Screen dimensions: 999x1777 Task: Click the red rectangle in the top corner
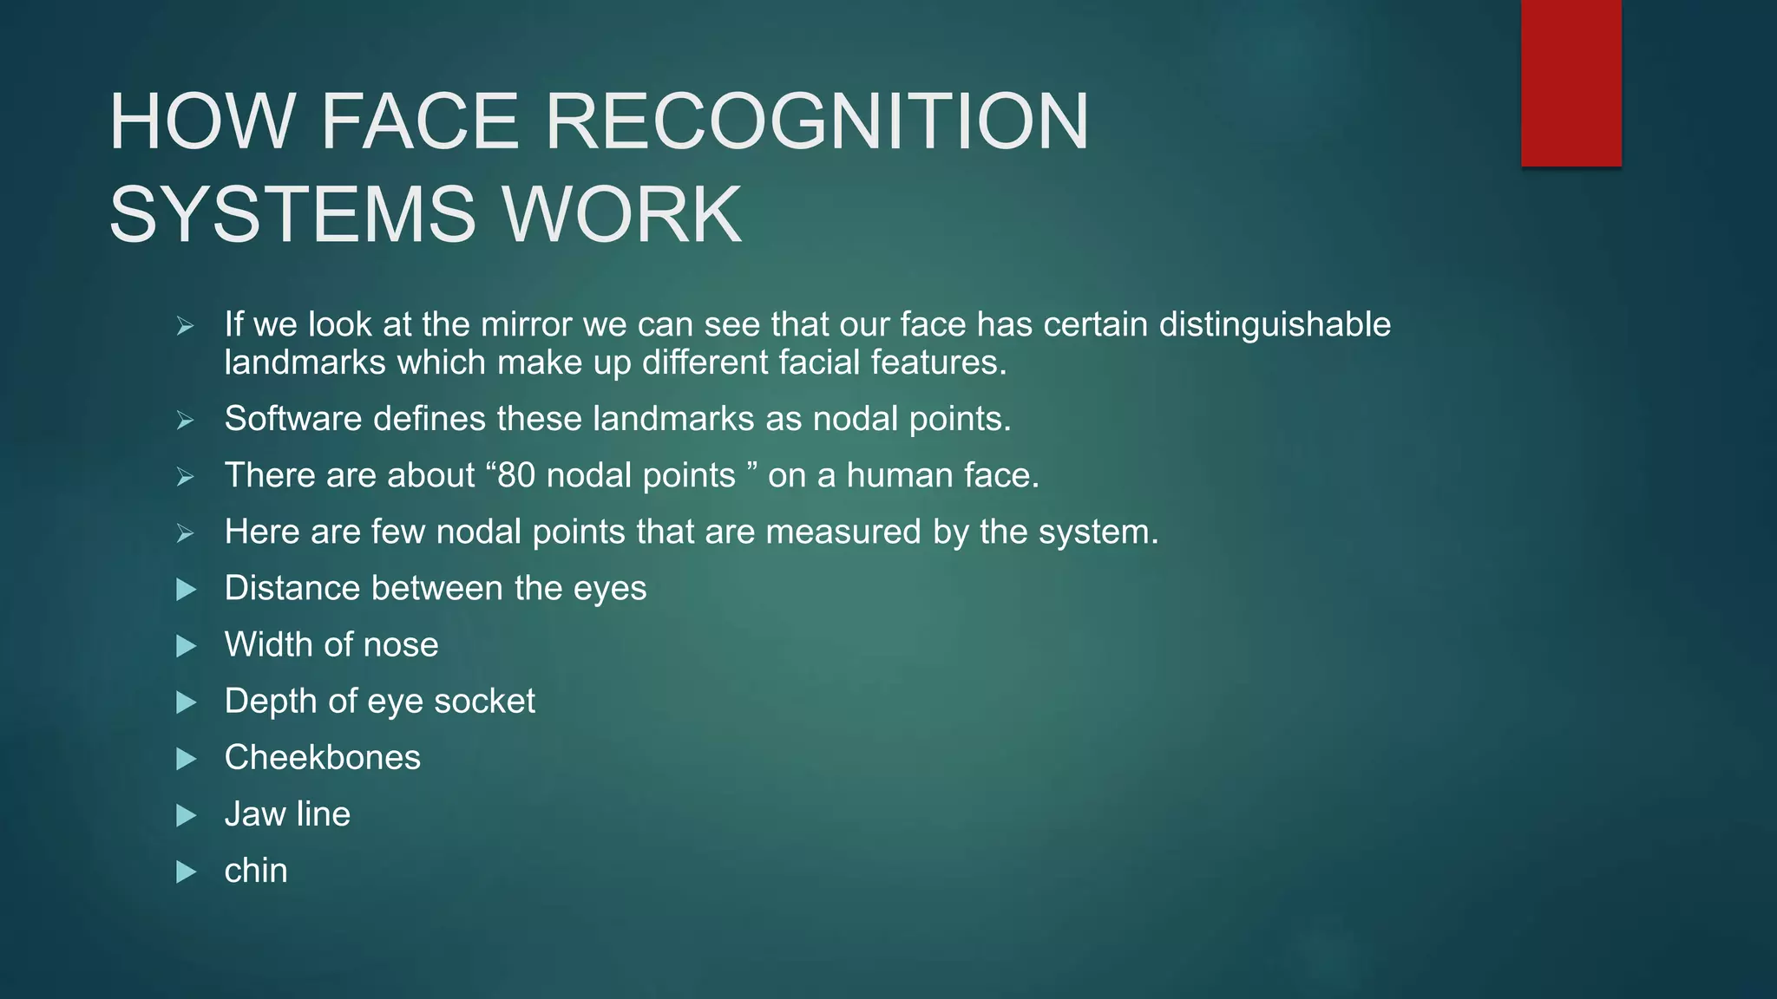click(x=1570, y=83)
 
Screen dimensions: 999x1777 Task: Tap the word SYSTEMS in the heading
click(x=292, y=214)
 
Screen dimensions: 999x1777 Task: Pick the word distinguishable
click(x=1275, y=324)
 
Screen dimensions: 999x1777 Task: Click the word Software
click(x=293, y=419)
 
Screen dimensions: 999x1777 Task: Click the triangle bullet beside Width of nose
click(x=186, y=646)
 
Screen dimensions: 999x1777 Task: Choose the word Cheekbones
click(x=322, y=757)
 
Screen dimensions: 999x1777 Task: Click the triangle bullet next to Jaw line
click(x=186, y=815)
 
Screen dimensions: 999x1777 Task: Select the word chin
click(x=255, y=871)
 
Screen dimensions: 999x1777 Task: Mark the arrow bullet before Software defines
click(x=185, y=421)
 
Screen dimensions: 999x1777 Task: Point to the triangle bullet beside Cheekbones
click(x=186, y=759)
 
